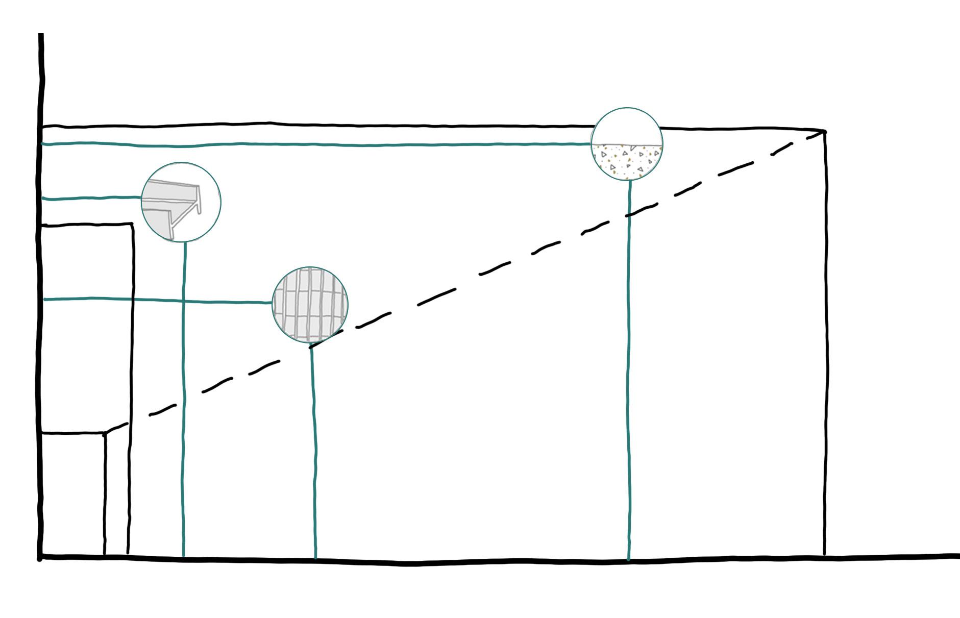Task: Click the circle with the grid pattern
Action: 310,304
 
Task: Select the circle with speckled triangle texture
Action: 627,144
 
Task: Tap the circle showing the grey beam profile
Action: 181,202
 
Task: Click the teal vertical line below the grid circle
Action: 314,454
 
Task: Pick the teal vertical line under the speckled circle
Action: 629,388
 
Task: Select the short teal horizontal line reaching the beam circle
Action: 92,198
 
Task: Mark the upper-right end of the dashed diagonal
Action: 823,132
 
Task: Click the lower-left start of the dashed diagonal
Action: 106,434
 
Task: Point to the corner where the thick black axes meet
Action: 40,557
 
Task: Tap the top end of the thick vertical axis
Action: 41,35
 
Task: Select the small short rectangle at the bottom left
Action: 72,493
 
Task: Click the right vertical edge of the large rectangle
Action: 824,342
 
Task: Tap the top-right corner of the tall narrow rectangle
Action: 133,224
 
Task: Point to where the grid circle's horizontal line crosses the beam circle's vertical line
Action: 184,301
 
